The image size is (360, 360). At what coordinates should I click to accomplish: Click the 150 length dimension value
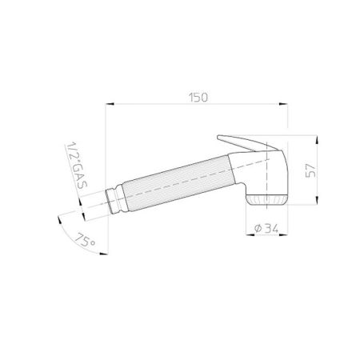199,97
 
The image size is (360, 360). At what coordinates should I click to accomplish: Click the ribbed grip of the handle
172,187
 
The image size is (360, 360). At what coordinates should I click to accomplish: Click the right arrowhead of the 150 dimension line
286,104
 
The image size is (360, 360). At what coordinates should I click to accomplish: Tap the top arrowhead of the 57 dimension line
321,138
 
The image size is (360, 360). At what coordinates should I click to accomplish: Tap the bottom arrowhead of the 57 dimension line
321,205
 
